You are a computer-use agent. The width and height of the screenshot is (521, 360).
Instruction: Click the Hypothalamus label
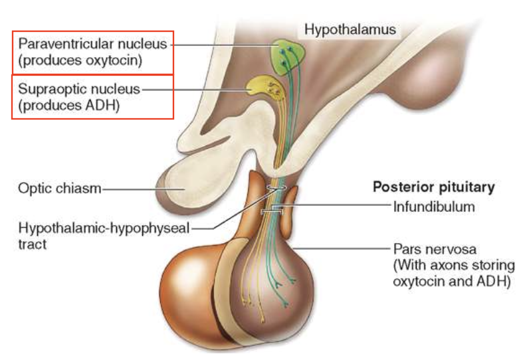(x=350, y=29)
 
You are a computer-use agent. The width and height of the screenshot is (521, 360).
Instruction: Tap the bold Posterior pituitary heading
(x=433, y=187)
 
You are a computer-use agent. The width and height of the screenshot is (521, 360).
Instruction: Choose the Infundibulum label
(x=433, y=206)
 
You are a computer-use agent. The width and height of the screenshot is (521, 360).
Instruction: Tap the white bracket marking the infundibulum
(x=274, y=211)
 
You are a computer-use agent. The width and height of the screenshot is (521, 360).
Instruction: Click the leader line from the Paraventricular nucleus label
(x=219, y=45)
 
